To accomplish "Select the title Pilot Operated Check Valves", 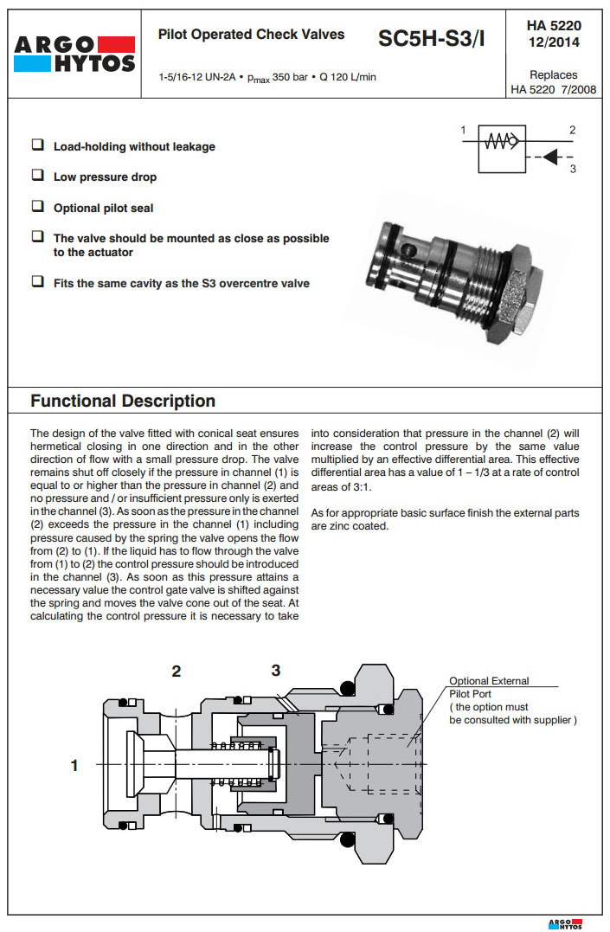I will coord(251,35).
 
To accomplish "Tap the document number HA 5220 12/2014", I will coord(554,34).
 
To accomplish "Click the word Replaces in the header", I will coord(554,75).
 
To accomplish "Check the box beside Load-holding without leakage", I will coord(38,145).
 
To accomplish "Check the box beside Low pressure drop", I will coord(38,176).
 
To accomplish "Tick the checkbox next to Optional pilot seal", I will coord(38,207).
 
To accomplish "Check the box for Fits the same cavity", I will coord(38,282).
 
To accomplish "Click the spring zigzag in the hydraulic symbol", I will coord(499,142).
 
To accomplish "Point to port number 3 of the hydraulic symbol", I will coord(573,170).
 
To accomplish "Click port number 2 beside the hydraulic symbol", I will coord(573,131).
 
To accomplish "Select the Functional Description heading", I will coord(123,401).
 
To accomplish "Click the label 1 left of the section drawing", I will coord(74,765).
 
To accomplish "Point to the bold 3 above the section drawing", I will coord(275,670).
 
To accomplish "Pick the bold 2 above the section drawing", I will coord(177,671).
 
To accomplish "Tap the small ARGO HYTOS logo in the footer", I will coord(565,922).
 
